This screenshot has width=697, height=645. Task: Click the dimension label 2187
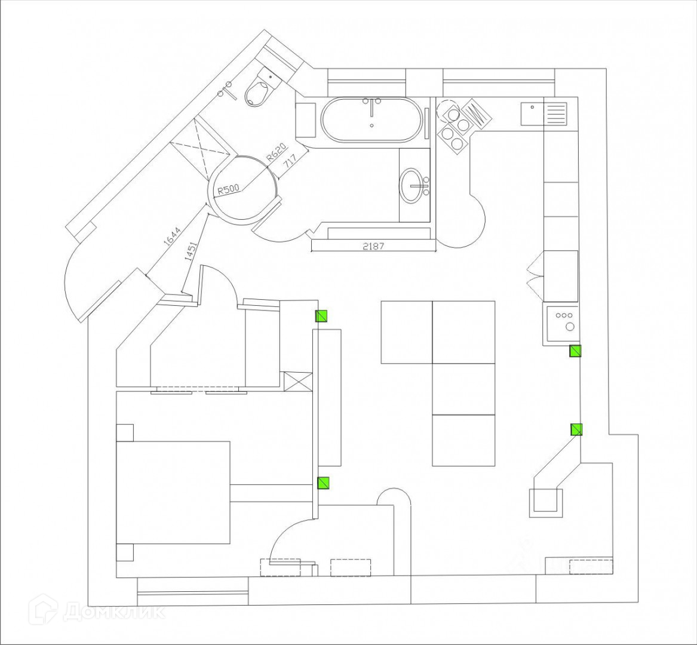tap(373, 246)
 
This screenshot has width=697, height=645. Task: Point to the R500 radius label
tap(229, 189)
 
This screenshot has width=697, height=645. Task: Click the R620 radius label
tap(276, 153)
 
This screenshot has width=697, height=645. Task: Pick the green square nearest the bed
tap(323, 483)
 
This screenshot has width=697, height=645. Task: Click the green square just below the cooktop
tap(575, 351)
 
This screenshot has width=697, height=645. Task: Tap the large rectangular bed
tap(173, 492)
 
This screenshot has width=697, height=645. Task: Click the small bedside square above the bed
tap(124, 432)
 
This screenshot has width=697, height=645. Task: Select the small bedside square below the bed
tap(124, 552)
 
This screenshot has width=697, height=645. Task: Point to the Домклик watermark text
tap(114, 612)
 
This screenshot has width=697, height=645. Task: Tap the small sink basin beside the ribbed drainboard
tap(532, 113)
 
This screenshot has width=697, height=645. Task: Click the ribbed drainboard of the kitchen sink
tap(556, 113)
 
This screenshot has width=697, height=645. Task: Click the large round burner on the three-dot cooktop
tap(569, 328)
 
